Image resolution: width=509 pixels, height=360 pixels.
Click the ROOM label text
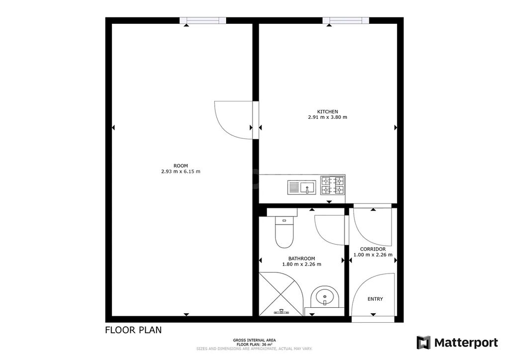[181, 166]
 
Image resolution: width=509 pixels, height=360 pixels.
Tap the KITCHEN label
[328, 112]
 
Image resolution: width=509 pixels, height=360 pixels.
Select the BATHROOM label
[302, 259]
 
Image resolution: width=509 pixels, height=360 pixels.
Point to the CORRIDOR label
[373, 249]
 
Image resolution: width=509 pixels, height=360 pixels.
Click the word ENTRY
[375, 299]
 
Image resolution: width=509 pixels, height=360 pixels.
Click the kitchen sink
[302, 187]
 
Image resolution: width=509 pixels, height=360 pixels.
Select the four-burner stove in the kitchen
[333, 185]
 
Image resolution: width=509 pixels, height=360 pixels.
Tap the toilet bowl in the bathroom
[284, 232]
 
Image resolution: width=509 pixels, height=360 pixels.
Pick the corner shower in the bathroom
[281, 294]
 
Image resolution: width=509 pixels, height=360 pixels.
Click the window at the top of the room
[203, 20]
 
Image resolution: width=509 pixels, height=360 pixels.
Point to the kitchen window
[346, 20]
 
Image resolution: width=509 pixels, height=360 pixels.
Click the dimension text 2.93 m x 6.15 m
[181, 172]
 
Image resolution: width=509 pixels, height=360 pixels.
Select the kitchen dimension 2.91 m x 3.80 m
[328, 117]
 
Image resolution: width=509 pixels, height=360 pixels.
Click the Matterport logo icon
[424, 343]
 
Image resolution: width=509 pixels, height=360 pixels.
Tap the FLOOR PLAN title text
[133, 330]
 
